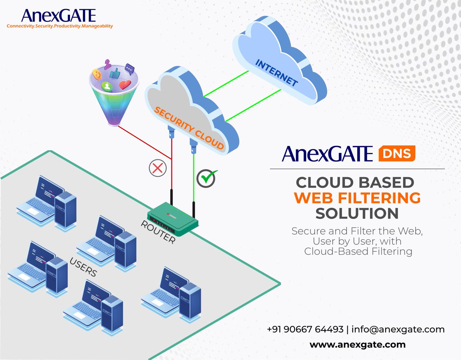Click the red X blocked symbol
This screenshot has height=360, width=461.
158,168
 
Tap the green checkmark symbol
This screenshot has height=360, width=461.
207,177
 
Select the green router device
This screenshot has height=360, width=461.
173,217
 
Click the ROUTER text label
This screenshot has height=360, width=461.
158,232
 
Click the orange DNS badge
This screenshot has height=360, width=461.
397,154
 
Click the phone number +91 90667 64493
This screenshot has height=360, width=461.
305,330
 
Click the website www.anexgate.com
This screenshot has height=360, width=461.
357,345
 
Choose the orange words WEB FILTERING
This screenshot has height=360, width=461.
357,198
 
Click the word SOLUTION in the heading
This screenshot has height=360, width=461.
357,214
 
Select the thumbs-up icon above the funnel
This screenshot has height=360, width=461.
115,73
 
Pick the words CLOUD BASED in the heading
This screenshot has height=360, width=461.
357,182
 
